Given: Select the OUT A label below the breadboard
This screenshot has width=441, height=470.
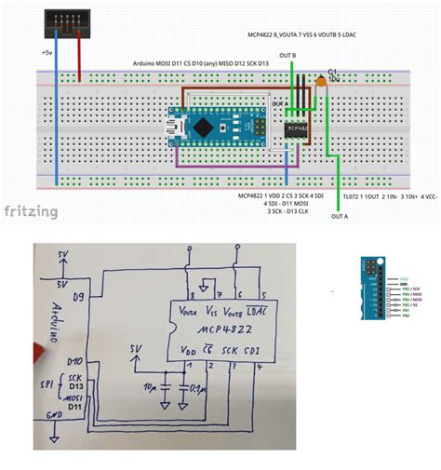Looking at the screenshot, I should coord(341,216).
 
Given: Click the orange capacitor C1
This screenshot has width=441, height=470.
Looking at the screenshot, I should coord(322,83).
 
